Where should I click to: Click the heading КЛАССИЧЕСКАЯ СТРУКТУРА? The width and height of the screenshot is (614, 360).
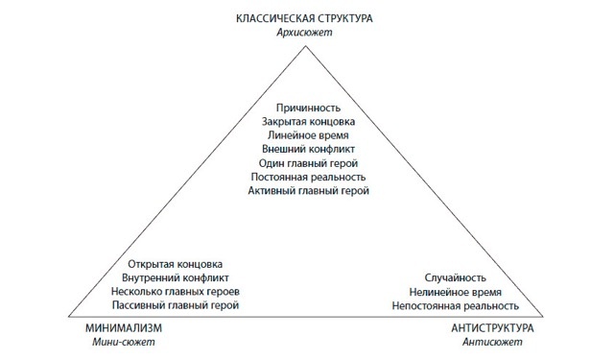307,17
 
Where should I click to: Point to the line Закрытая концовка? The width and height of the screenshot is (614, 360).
308,123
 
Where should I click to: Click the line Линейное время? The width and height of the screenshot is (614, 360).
308,136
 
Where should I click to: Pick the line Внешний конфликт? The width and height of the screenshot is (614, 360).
308,150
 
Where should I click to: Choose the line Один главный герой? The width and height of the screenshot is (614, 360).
308,163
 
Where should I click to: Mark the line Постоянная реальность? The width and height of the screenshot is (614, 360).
308,178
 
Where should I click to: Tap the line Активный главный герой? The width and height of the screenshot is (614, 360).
308,191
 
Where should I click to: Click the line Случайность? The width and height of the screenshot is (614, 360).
455,277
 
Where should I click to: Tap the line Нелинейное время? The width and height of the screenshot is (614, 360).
455,291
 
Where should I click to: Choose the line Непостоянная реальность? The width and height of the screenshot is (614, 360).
455,305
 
